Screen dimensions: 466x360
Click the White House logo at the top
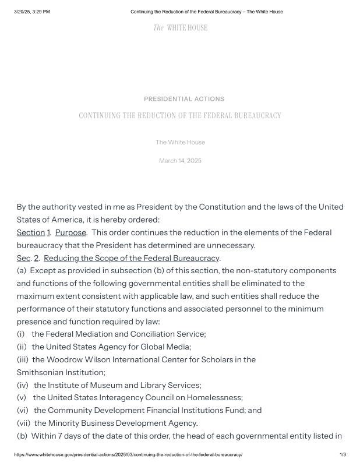point(180,28)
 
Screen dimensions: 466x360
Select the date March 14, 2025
point(180,161)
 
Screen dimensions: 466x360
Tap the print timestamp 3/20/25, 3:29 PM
point(32,12)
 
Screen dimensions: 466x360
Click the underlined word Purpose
point(70,232)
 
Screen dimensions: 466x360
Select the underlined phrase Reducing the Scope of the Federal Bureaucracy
point(132,258)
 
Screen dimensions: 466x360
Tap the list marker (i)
point(21,334)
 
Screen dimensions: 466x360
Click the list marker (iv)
point(23,385)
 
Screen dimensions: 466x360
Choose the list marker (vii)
point(24,423)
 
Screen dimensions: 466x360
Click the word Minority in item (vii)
point(66,423)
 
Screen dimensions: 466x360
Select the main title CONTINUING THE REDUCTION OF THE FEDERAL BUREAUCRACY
point(180,116)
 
